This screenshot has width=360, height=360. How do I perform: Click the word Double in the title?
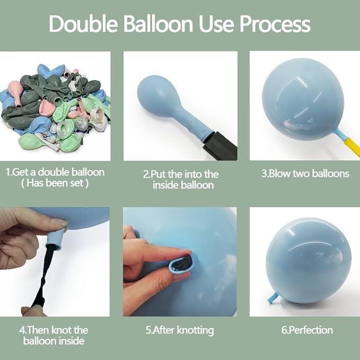coord(83,24)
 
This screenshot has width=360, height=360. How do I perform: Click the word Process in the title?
coord(275,24)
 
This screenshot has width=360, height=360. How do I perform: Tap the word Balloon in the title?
coord(158,24)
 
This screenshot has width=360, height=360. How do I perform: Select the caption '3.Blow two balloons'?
coord(305,173)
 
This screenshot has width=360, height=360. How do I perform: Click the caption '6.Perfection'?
coord(307,330)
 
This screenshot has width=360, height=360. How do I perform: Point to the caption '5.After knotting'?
coord(180,331)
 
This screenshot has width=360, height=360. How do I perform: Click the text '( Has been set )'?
coord(55,183)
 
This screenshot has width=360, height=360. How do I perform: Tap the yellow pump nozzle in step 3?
coord(352,146)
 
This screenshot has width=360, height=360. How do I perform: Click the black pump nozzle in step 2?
coord(219,145)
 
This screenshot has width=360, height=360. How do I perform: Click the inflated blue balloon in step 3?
coord(303,99)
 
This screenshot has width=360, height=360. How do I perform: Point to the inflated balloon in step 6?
coord(309,260)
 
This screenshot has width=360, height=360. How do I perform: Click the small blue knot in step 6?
coord(273,298)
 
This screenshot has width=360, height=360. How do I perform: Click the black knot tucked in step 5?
coord(182,265)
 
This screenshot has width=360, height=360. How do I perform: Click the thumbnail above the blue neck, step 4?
coord(59,222)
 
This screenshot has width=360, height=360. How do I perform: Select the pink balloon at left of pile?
coord(16,92)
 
